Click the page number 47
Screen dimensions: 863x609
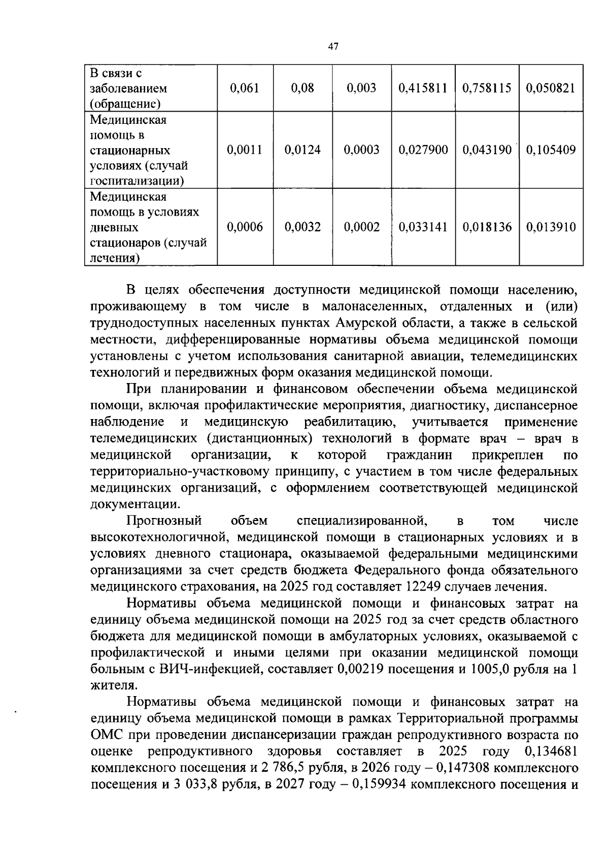pyautogui.click(x=333, y=47)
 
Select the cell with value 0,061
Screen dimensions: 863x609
pyautogui.click(x=245, y=88)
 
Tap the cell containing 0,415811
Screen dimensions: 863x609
pyautogui.click(x=423, y=88)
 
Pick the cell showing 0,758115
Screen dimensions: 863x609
pyautogui.click(x=487, y=88)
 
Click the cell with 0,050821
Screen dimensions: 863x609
pyautogui.click(x=551, y=88)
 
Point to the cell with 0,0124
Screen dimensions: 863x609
pyautogui.click(x=303, y=150)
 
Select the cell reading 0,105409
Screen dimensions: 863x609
pyautogui.click(x=551, y=150)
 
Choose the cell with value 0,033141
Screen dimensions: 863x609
pyautogui.click(x=423, y=227)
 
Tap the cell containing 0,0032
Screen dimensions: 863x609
pyautogui.click(x=303, y=227)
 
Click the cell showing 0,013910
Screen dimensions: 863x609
pyautogui.click(x=551, y=227)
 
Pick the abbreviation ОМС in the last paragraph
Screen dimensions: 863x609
pyautogui.click(x=106, y=735)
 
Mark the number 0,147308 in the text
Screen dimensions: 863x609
pyautogui.click(x=461, y=768)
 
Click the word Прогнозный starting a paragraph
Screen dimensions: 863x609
pyautogui.click(x=164, y=521)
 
